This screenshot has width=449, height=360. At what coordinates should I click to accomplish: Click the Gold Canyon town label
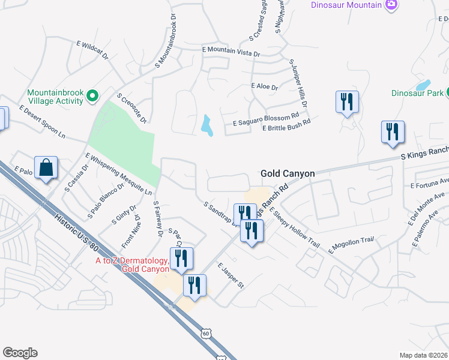pos(288,173)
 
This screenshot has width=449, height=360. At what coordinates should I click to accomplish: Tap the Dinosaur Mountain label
pos(346,5)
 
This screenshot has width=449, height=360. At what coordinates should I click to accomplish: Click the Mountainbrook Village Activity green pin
pos(92,95)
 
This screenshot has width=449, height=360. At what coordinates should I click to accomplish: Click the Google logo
pos(20,353)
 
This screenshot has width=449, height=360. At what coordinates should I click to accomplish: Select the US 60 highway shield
pos(206,332)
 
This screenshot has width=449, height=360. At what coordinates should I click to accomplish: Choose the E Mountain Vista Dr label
pos(231,52)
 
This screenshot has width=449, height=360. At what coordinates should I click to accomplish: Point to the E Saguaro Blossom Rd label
pos(265,118)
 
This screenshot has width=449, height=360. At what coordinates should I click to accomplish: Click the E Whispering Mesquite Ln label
pos(118,175)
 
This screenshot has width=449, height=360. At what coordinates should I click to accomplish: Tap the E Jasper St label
pos(230,275)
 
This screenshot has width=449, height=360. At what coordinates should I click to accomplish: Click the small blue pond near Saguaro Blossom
pos(207,125)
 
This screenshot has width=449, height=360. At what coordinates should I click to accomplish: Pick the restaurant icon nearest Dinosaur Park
pos(393,131)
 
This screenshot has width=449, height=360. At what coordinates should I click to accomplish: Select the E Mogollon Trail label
pos(352,244)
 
